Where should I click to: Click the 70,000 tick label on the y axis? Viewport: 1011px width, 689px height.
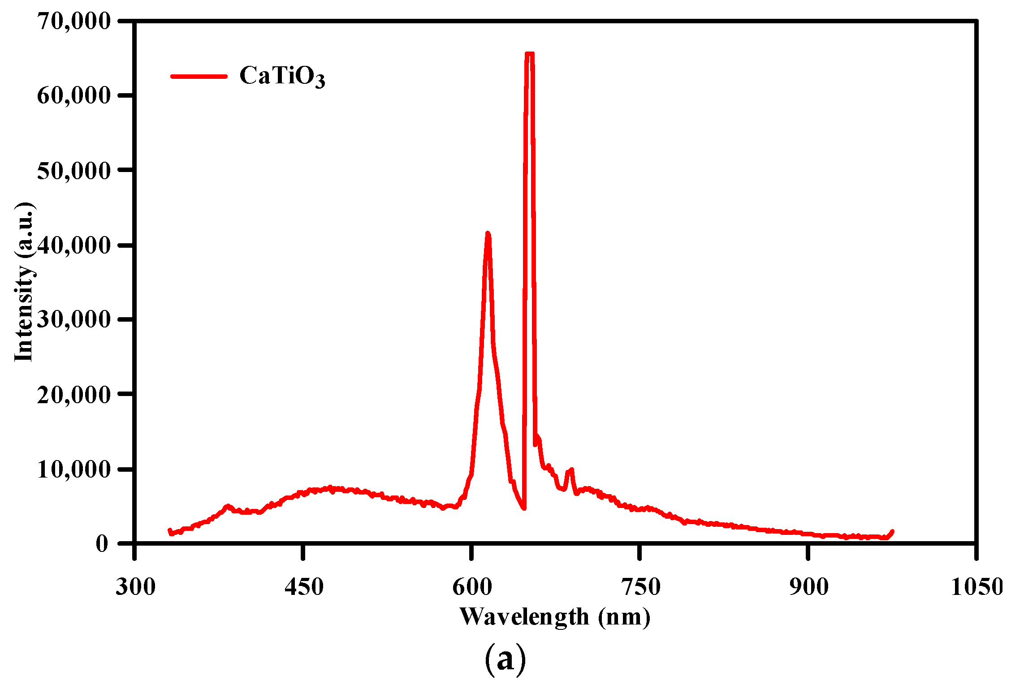coord(73,21)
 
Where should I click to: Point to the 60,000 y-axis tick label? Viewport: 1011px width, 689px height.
coord(73,95)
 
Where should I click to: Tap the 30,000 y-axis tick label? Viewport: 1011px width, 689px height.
coord(73,319)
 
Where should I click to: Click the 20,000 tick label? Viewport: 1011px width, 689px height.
coord(73,394)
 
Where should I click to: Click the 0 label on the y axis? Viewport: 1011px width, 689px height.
coord(102,543)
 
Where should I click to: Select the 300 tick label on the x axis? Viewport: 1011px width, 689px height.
coord(135,586)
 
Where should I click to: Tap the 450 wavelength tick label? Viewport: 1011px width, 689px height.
coord(304,586)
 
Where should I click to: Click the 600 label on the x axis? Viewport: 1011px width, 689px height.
coord(472,586)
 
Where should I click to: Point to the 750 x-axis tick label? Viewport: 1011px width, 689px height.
coord(640,586)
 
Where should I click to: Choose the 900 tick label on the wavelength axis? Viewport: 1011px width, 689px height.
coord(808,586)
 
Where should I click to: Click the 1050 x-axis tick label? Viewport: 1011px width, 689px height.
coord(976,586)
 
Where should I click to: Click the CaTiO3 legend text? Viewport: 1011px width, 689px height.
coord(282,76)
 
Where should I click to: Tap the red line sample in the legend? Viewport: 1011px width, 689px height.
coord(199,76)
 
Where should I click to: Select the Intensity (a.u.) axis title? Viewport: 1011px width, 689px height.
coord(24,282)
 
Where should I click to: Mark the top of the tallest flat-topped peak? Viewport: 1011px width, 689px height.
coord(529,54)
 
